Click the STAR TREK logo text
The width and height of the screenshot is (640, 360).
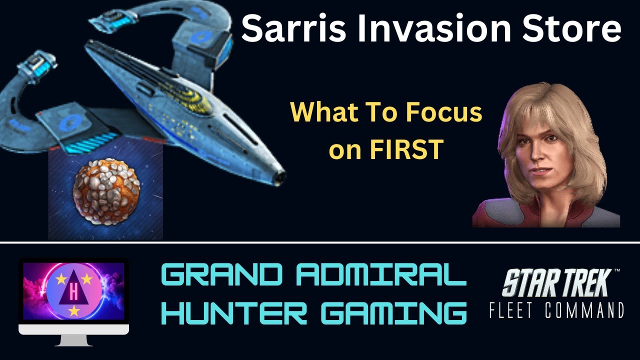pos(555,282)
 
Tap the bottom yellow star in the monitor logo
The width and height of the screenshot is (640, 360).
pos(74,311)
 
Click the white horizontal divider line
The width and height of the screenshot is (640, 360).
pos(320,243)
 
